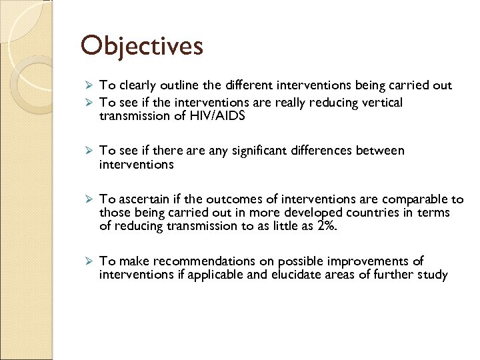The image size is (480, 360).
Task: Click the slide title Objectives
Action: [141, 46]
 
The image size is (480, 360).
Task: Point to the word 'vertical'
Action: [381, 102]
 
